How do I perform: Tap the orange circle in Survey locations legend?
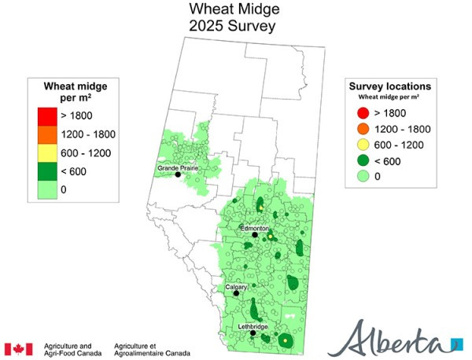click(x=363, y=128)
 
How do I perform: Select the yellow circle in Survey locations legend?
click(x=363, y=145)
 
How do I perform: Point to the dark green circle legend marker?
click(x=363, y=160)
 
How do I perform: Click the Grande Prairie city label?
click(x=177, y=168)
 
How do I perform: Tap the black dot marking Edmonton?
click(x=255, y=235)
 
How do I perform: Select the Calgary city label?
click(x=237, y=287)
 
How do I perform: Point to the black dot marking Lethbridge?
click(x=253, y=333)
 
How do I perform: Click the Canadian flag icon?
click(x=18, y=348)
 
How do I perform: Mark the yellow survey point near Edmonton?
click(x=269, y=236)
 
